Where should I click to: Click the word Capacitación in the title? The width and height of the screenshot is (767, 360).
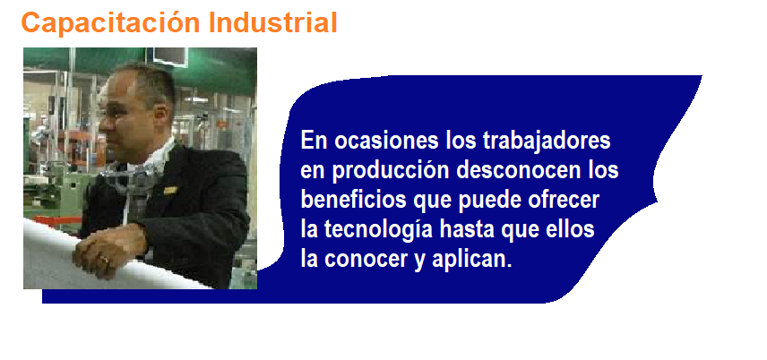click(111, 23)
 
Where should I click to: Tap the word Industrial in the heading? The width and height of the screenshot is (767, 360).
click(273, 22)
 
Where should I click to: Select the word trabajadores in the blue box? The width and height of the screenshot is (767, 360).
click(547, 141)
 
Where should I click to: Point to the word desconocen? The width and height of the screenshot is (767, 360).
click(515, 170)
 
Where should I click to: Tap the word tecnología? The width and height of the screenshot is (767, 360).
click(378, 230)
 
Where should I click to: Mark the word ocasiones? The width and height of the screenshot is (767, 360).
click(386, 141)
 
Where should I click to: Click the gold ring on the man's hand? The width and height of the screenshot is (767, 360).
click(104, 258)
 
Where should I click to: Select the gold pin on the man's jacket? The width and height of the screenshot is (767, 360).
click(170, 190)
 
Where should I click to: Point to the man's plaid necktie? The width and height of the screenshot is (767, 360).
click(134, 194)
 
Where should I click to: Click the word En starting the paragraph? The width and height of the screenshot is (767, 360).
click(314, 141)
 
